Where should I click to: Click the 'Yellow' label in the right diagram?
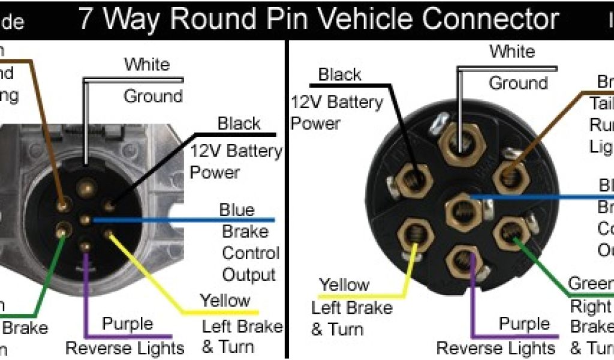pos(344,285)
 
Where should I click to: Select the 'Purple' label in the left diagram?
pos(127,324)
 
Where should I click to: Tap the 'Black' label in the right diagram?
pos(339,76)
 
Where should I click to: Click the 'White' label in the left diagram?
pos(147,64)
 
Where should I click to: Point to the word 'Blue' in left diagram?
pos(237,210)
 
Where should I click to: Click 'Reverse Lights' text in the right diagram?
pos(496,347)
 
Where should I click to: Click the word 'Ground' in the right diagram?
pos(518,83)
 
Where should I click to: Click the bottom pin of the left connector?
pos(86,246)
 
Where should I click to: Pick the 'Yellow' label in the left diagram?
pos(225,301)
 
